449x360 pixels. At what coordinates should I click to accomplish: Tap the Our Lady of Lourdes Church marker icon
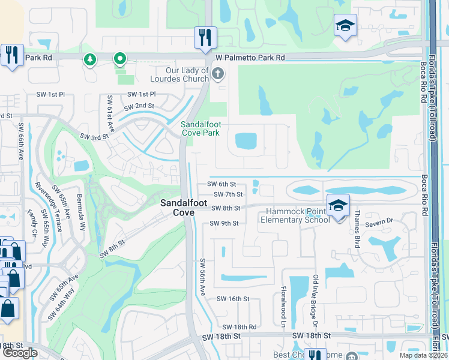point(217,74)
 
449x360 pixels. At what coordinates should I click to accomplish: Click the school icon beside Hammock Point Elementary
point(338,205)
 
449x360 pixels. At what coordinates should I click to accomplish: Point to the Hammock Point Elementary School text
point(295,216)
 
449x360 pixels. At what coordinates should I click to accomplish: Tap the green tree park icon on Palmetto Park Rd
point(90,59)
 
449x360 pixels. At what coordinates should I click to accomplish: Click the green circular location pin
point(119,59)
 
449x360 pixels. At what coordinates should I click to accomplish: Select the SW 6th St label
point(221,184)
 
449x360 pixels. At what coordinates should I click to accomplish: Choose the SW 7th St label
point(228,194)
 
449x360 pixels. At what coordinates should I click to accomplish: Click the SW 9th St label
point(224,224)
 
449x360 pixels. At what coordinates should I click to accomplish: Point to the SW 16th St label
point(232,299)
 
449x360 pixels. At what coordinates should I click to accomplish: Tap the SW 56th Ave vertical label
point(203,277)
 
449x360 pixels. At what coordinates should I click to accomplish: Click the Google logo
point(20,353)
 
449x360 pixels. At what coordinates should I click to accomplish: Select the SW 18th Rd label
point(240,327)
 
